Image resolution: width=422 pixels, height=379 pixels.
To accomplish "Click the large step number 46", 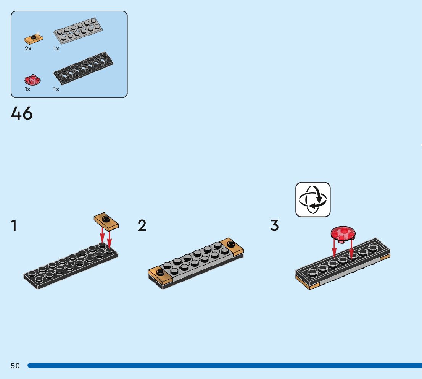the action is (22, 113).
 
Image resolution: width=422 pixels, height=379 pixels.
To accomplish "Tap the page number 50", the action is (15, 366).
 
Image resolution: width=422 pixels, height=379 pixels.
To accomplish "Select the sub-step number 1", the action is (14, 225).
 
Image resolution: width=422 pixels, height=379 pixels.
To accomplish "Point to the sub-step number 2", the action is (142, 225).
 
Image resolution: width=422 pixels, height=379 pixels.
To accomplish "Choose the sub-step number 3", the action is (274, 225).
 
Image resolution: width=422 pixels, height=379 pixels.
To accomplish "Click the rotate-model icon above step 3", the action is (313, 200).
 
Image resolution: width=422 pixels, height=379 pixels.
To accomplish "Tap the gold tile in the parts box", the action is (33, 38).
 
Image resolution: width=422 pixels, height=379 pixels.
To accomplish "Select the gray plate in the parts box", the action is (78, 30).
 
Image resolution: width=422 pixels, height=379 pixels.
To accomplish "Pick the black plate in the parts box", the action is (84, 69).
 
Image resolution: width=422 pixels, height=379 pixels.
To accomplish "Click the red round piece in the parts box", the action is (32, 80).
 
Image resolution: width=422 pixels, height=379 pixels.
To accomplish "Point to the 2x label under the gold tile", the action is (28, 49).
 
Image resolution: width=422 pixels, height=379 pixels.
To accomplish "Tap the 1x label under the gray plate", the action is (56, 49).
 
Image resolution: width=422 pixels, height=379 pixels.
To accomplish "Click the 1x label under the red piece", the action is (27, 89).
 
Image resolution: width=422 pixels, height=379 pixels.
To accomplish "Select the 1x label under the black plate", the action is (56, 89).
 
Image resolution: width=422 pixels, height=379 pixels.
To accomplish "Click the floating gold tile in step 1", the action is (106, 221).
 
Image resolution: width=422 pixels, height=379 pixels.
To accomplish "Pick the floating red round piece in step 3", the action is (343, 233).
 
